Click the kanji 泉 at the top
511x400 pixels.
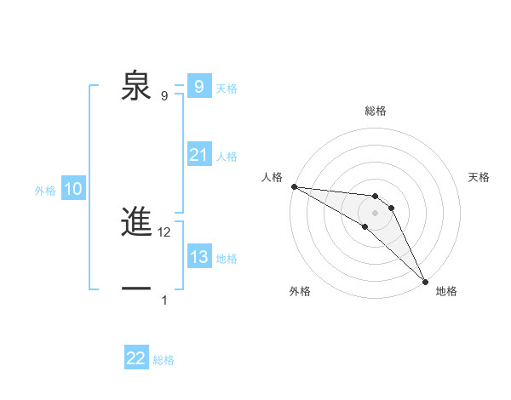(137, 86)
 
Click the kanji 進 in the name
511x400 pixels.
(137, 223)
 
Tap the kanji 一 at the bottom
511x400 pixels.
(137, 289)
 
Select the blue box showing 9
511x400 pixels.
(198, 87)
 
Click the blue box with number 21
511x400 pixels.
(198, 155)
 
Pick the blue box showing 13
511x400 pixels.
(198, 257)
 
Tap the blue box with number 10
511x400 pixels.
(73, 190)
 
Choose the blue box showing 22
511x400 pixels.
(136, 358)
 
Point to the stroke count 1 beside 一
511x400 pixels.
(164, 300)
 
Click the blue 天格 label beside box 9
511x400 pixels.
(227, 88)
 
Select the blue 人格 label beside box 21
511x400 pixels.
(227, 157)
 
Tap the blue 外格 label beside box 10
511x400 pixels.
(45, 191)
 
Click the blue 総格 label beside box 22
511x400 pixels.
(164, 360)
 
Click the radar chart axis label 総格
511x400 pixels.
(376, 111)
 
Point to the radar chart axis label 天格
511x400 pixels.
(479, 177)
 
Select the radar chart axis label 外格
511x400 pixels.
(300, 291)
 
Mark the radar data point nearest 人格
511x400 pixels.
(294, 186)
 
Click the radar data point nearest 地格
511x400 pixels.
(425, 280)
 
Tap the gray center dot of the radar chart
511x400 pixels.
(376, 212)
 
